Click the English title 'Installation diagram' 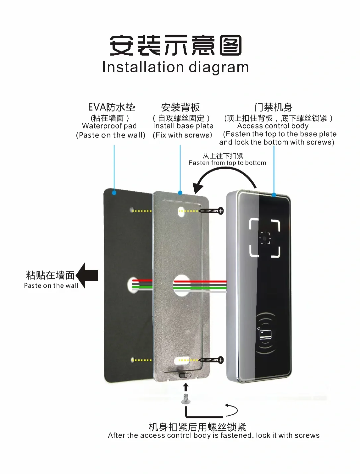[175, 67]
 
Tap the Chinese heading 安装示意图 [176, 46]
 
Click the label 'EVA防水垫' [111, 107]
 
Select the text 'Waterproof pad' [109, 126]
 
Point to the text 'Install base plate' [183, 126]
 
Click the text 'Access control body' [273, 126]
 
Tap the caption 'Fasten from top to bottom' [227, 163]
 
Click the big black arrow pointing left [87, 275]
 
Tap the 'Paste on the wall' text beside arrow [51, 286]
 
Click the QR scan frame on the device [265, 238]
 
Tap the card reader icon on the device [265, 334]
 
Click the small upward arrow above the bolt [186, 387]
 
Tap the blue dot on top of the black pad [114, 193]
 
